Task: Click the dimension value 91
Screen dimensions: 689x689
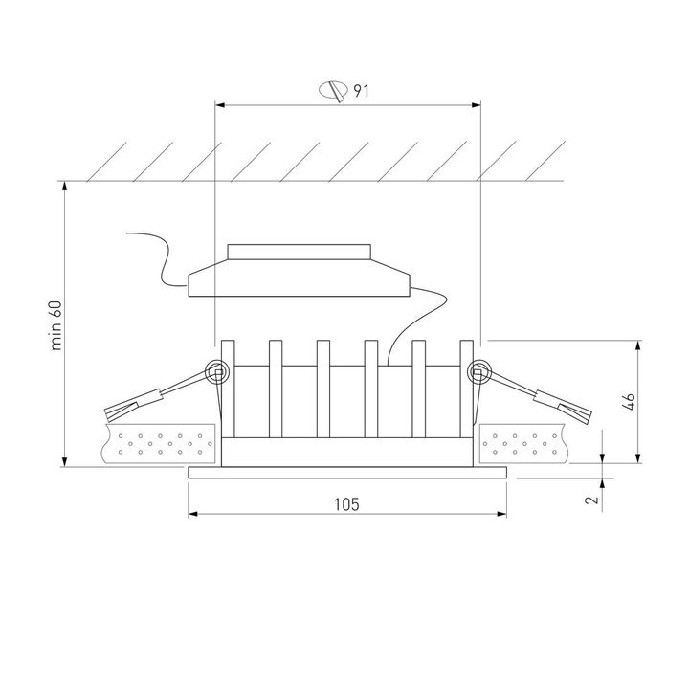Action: tap(361, 92)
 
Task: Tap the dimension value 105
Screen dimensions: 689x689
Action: tap(348, 504)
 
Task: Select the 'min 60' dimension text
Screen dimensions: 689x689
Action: tap(56, 325)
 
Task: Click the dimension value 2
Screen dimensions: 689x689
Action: tap(592, 499)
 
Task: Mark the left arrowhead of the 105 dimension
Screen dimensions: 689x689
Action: tap(193, 514)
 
